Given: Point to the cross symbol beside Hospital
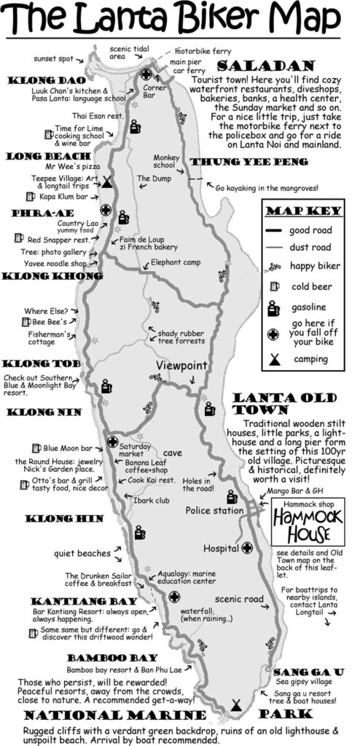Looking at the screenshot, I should click(248, 547).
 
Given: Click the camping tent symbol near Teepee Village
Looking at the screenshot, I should click(106, 182).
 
